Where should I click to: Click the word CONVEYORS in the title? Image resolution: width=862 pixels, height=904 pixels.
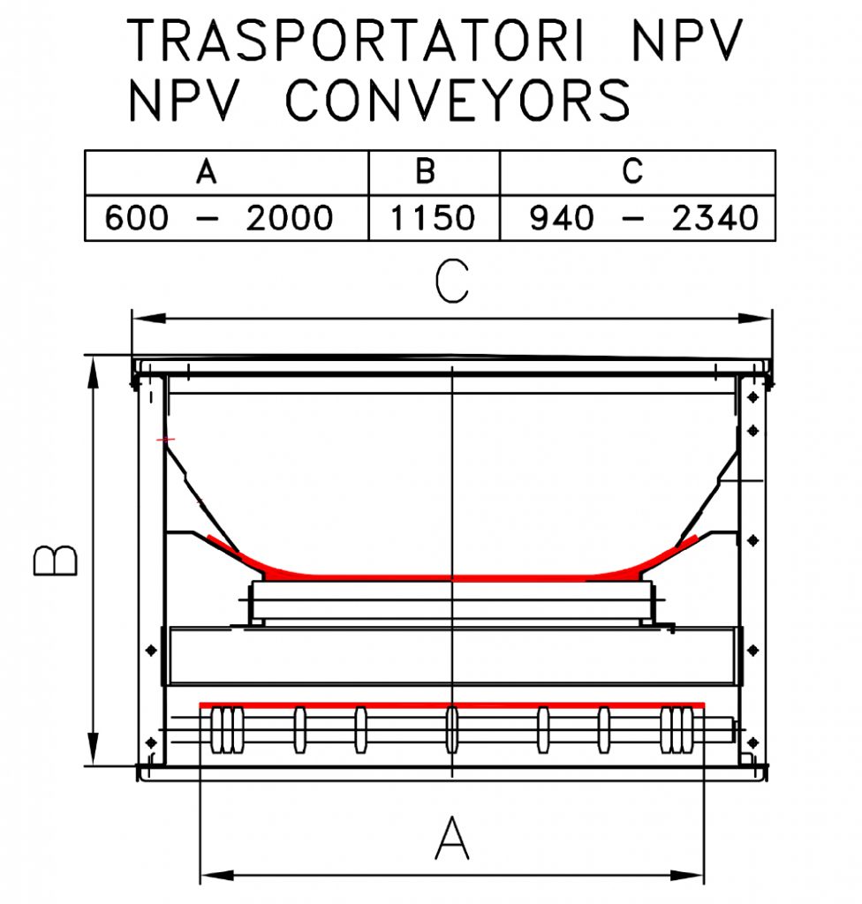coord(457,99)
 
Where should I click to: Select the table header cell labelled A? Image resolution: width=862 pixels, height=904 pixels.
coord(207,171)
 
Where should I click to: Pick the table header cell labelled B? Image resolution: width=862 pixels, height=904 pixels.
coord(426,171)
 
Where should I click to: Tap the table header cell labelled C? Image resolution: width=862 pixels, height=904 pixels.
coord(632,171)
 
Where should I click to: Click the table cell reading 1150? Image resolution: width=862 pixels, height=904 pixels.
coord(433,217)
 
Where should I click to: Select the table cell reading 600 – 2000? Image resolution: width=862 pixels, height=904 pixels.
coord(219,217)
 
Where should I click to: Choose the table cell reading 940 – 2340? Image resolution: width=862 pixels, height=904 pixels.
coord(644,217)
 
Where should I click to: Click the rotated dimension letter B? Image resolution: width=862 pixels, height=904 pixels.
coord(56,560)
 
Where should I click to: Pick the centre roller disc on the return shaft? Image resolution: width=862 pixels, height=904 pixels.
coord(452,729)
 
